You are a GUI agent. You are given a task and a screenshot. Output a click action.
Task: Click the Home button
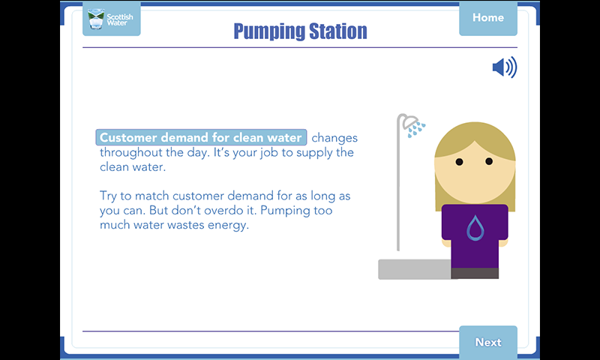click(488, 18)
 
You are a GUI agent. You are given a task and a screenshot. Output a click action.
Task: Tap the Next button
click(488, 342)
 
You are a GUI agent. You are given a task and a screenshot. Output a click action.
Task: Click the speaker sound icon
click(504, 67)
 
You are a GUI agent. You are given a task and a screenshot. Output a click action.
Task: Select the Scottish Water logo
click(111, 19)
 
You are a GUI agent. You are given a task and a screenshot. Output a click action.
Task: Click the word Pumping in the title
click(268, 31)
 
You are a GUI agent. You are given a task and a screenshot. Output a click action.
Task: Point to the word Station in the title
click(338, 31)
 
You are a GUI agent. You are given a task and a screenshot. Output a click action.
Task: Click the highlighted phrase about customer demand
click(201, 137)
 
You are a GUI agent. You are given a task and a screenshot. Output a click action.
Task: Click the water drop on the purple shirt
click(475, 228)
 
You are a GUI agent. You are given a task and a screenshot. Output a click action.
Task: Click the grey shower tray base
click(415, 269)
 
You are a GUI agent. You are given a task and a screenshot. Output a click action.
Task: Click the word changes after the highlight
click(334, 138)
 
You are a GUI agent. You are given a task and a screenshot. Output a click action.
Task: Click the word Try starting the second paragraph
click(108, 196)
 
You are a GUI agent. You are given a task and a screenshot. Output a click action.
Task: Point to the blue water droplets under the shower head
click(416, 129)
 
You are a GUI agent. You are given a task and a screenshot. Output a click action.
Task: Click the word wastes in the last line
click(186, 225)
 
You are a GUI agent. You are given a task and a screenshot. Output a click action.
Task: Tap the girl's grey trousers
click(475, 273)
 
